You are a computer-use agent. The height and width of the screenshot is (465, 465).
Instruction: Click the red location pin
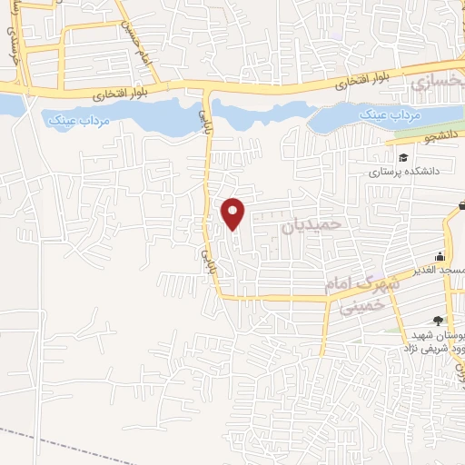coord(234,213)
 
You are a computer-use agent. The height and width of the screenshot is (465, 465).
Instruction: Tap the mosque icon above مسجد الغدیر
coord(440,256)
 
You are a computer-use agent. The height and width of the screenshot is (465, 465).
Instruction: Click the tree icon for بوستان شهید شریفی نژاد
coord(439,320)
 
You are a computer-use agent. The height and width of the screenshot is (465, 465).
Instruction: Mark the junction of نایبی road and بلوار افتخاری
coord(207,89)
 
